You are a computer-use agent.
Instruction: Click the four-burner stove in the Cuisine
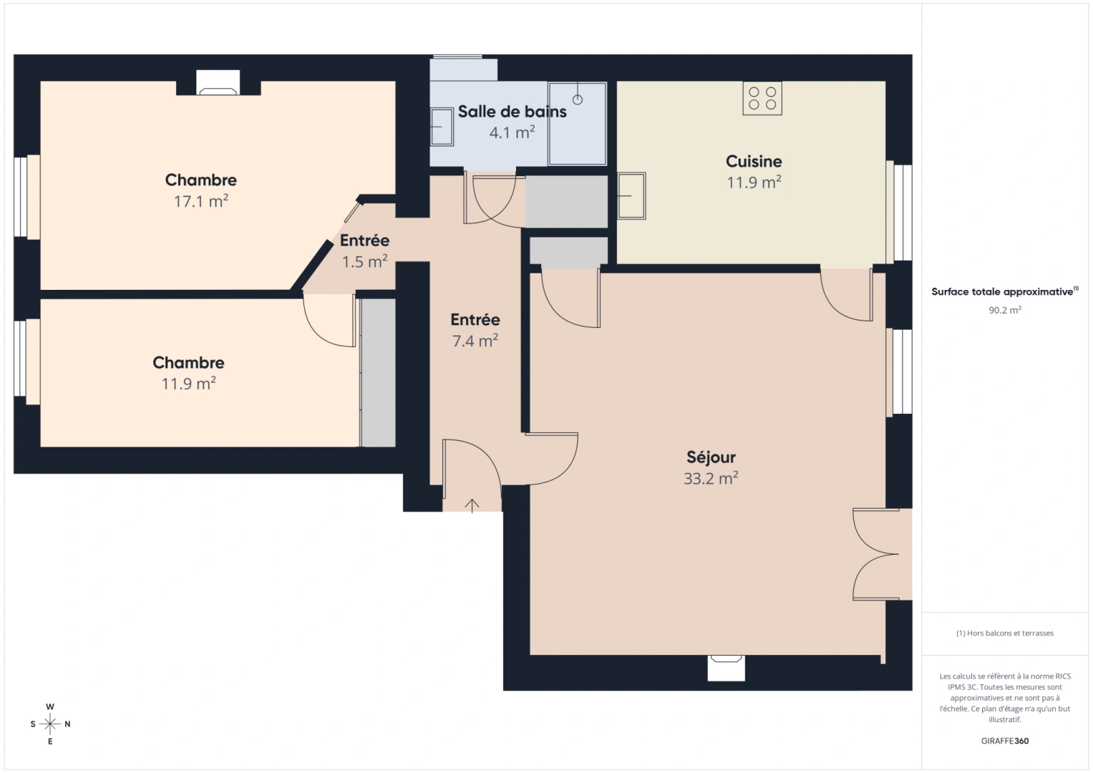[762, 99]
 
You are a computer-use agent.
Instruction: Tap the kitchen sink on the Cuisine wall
[631, 195]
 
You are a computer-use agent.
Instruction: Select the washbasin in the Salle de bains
[442, 127]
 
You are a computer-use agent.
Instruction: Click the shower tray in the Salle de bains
[577, 124]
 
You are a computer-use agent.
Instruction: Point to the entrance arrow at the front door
[472, 505]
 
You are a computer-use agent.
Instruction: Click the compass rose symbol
[50, 724]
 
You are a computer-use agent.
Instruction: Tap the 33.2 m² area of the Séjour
[710, 479]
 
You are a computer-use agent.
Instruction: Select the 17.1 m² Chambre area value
[200, 201]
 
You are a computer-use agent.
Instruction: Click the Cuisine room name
[754, 161]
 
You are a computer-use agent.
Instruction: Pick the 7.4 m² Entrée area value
[475, 341]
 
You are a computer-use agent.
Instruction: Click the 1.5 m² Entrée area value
[364, 262]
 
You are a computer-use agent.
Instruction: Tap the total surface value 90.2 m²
[1004, 310]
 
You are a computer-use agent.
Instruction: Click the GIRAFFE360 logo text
[1004, 741]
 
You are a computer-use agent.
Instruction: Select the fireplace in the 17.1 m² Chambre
[218, 84]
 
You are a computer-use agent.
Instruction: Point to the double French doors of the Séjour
[877, 555]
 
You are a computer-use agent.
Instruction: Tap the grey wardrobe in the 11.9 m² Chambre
[379, 372]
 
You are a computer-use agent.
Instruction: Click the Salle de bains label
[512, 112]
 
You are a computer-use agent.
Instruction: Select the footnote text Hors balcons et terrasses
[1004, 633]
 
